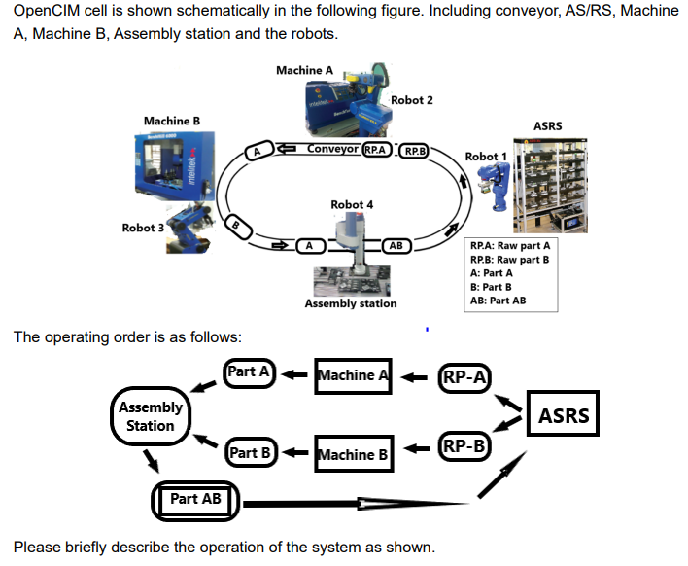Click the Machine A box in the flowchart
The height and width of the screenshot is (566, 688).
pyautogui.click(x=353, y=375)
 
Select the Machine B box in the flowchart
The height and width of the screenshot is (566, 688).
pyautogui.click(x=354, y=454)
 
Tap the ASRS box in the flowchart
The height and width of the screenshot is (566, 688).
pyautogui.click(x=564, y=415)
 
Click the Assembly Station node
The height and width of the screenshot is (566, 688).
pyautogui.click(x=151, y=416)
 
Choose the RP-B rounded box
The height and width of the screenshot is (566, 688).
pyautogui.click(x=464, y=447)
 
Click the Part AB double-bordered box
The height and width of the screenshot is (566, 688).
pyautogui.click(x=196, y=500)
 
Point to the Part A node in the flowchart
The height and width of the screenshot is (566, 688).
pyautogui.click(x=251, y=372)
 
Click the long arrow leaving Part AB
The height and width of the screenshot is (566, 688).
pyautogui.click(x=350, y=503)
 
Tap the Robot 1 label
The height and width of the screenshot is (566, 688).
pyautogui.click(x=486, y=157)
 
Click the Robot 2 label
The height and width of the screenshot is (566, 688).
pyautogui.click(x=411, y=100)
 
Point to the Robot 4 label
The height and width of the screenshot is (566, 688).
pyautogui.click(x=351, y=205)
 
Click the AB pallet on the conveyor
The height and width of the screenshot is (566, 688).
pyautogui.click(x=396, y=246)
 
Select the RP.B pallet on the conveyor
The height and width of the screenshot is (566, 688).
pyautogui.click(x=414, y=152)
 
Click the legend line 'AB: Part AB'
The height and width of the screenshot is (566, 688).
pyautogui.click(x=498, y=301)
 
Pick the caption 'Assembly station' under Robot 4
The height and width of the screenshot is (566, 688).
pyautogui.click(x=350, y=303)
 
